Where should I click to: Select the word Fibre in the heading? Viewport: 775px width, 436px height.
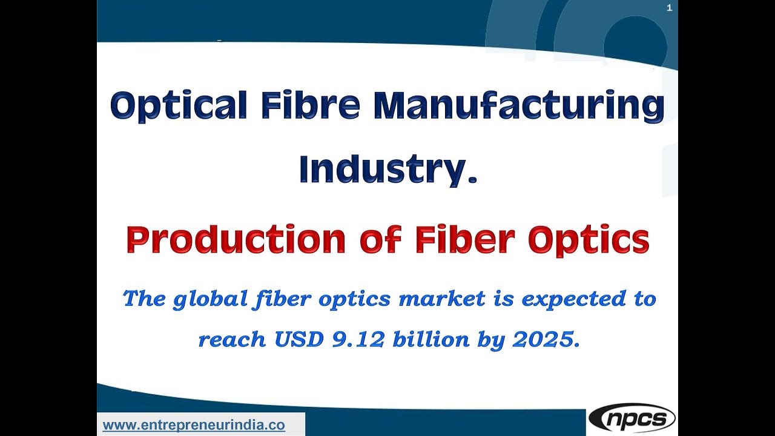tap(310, 105)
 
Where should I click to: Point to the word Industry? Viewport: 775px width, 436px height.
tap(383, 170)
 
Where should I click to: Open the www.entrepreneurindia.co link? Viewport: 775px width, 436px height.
tap(194, 425)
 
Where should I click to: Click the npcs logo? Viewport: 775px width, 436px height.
tap(632, 418)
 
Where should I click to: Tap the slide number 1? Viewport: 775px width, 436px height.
tap(669, 8)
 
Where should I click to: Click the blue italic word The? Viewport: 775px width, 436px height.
tap(143, 299)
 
